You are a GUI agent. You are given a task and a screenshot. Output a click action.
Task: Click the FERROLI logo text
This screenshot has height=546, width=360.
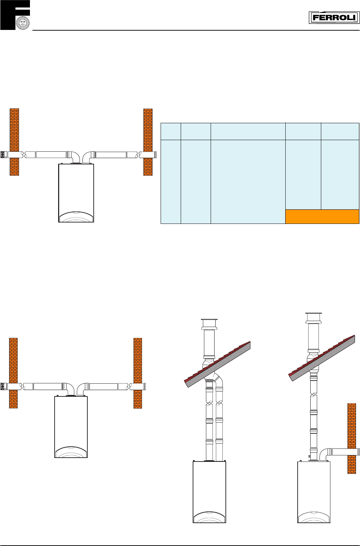tap(334, 18)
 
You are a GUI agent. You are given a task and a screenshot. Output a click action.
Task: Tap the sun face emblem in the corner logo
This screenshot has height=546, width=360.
tap(23, 23)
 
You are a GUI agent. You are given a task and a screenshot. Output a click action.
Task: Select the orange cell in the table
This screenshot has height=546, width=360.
tap(322, 216)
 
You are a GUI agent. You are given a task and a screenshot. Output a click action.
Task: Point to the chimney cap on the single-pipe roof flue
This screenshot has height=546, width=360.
tap(314, 318)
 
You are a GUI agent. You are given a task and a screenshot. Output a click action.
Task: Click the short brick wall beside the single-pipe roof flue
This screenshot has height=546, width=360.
tap(352, 438)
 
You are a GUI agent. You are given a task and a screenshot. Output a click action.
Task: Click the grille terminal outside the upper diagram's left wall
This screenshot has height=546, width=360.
tap(4, 155)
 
